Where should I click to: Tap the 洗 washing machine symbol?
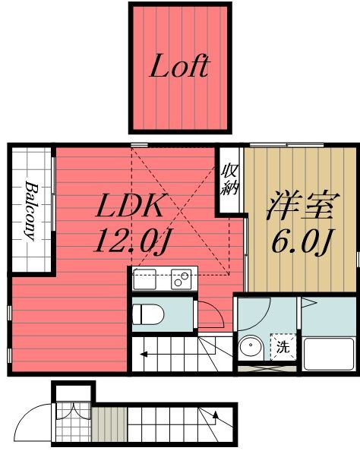(283, 348)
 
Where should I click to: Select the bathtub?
(328, 353)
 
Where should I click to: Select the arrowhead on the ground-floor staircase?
(216, 416)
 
